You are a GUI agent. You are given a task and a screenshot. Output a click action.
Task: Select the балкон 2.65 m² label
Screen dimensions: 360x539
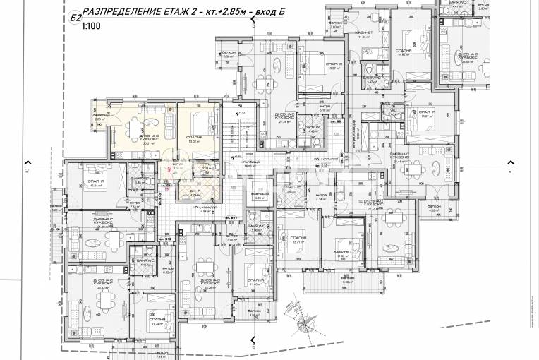coord(100,117)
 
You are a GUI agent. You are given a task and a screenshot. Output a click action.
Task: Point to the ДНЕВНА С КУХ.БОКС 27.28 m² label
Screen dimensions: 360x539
coord(286,118)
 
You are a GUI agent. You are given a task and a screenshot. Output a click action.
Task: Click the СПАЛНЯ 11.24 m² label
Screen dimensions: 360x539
coord(157,321)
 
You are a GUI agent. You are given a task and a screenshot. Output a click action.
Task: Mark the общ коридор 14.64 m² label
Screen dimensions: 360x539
coord(206,210)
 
